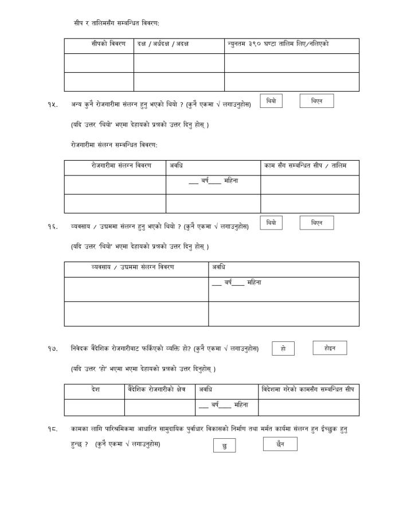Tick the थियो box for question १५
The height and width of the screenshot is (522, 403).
click(x=271, y=101)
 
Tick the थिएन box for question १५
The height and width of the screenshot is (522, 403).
click(x=316, y=101)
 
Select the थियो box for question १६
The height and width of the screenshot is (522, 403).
click(x=271, y=223)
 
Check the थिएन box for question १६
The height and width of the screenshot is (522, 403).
click(x=316, y=223)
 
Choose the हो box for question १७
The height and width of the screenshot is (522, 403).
click(x=283, y=348)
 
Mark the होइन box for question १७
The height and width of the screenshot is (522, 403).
click(x=330, y=348)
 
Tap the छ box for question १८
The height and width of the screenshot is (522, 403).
click(x=224, y=446)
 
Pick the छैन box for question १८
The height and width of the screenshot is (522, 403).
click(x=280, y=443)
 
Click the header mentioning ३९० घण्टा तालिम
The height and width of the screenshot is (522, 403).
click(x=278, y=44)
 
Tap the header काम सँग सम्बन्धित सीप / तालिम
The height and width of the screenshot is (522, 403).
click(x=305, y=166)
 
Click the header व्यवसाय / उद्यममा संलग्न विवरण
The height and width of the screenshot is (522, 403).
click(x=132, y=267)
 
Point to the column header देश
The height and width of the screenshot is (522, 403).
click(x=95, y=389)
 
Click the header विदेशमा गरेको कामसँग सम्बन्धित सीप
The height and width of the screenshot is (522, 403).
click(x=308, y=389)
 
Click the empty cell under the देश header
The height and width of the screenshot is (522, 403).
click(x=95, y=407)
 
